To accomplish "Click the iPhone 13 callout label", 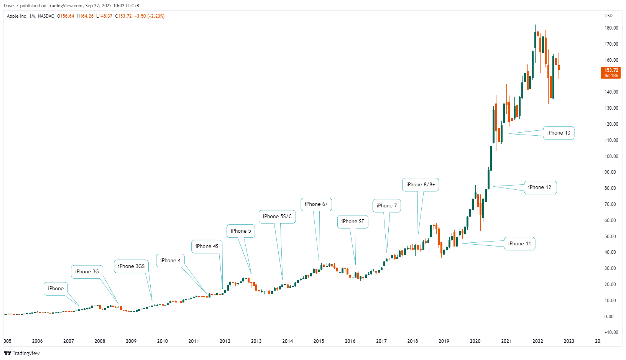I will pyautogui.click(x=559, y=133).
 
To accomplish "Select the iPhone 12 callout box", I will pyautogui.click(x=540, y=187).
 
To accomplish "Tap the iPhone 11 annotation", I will pyautogui.click(x=519, y=244).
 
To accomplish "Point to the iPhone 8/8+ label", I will pyautogui.click(x=421, y=185).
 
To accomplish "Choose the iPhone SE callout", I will pyautogui.click(x=353, y=222).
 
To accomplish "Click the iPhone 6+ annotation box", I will pyautogui.click(x=316, y=204).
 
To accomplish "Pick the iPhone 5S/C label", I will pyautogui.click(x=277, y=217).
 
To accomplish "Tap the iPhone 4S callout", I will pyautogui.click(x=207, y=247).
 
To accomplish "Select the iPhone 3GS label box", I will pyautogui.click(x=131, y=266).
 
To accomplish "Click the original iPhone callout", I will pyautogui.click(x=56, y=289).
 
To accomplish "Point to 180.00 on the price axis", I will pyautogui.click(x=611, y=28).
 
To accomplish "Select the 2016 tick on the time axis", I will pyautogui.click(x=350, y=341).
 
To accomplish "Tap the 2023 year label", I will pyautogui.click(x=569, y=341).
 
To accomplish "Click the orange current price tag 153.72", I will pyautogui.click(x=611, y=72).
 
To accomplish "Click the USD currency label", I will pyautogui.click(x=608, y=16).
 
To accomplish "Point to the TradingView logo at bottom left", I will pyautogui.click(x=22, y=353).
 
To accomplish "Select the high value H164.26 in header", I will pyautogui.click(x=85, y=16).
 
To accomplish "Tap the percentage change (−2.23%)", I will pyautogui.click(x=156, y=16).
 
